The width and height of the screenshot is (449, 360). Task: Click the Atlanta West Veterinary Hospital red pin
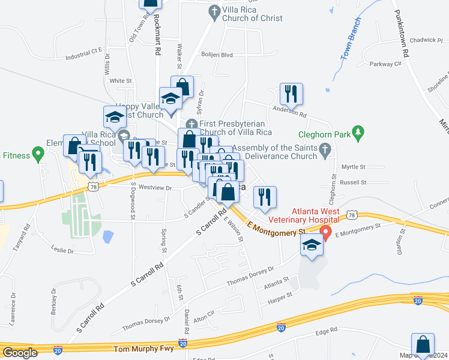[x=327, y=232]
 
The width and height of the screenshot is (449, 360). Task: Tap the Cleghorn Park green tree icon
[x=358, y=131]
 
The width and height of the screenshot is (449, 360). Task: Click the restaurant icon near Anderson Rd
[x=291, y=94]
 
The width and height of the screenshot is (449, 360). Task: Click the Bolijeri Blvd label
[x=217, y=55]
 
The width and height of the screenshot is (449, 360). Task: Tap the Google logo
[x=20, y=353]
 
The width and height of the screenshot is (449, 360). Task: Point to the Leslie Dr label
[x=62, y=250]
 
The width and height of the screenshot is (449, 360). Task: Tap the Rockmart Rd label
[x=157, y=35]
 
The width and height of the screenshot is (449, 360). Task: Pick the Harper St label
[x=280, y=296]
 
